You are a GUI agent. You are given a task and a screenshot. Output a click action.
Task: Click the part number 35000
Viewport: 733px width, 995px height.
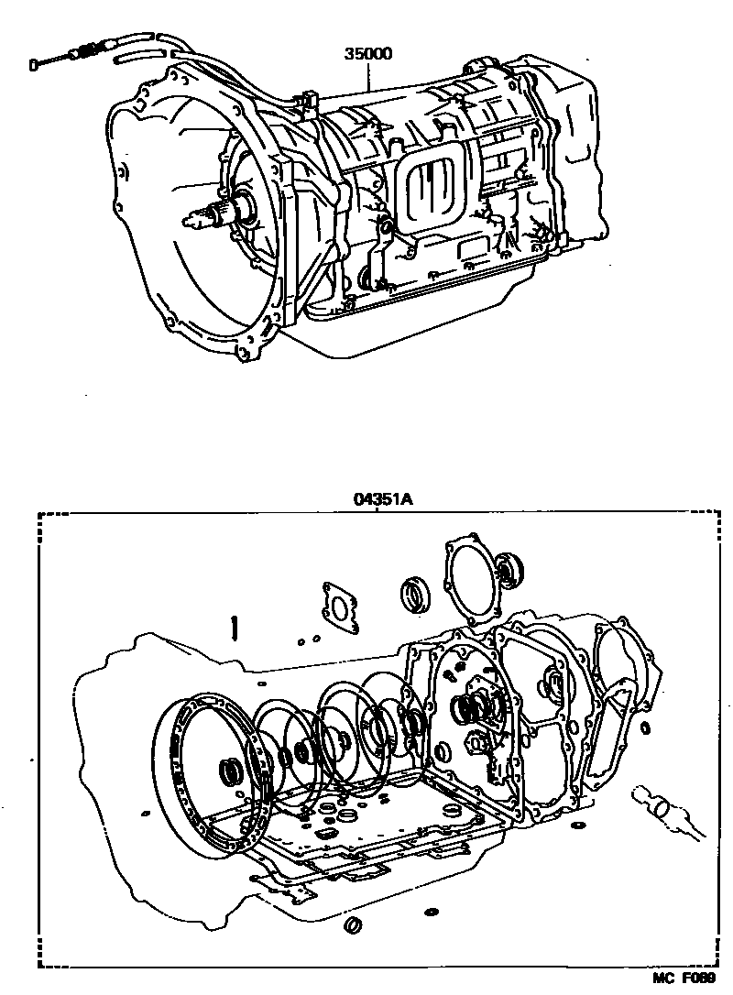pyautogui.click(x=368, y=53)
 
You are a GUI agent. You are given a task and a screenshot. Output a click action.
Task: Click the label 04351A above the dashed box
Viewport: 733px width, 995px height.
pyautogui.click(x=381, y=499)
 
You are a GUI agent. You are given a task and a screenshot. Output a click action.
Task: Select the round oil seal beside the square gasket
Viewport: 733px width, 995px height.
pyautogui.click(x=417, y=595)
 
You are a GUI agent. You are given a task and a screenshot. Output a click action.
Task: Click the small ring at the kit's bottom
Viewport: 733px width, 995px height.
pyautogui.click(x=350, y=926)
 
